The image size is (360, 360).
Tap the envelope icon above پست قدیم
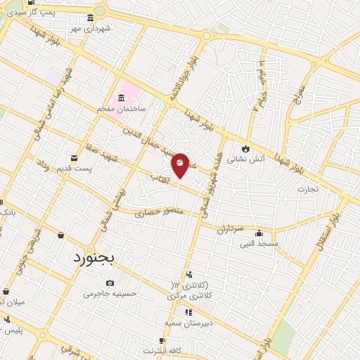click(75, 157)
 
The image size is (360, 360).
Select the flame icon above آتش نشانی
click(245, 148)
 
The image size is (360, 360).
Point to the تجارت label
click(307, 188)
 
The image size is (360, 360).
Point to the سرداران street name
click(229, 229)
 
